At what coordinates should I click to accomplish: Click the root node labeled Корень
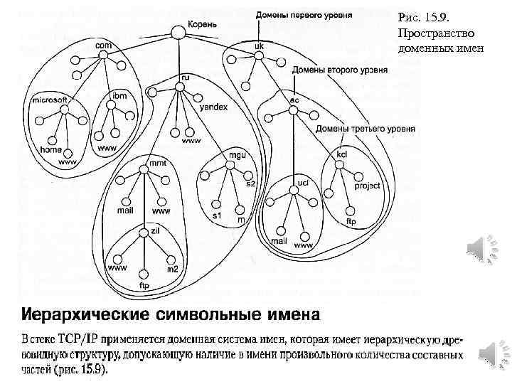click(x=177, y=31)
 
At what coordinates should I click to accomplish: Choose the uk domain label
click(x=259, y=45)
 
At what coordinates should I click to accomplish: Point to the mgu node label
click(x=237, y=154)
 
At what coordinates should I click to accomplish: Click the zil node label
click(x=155, y=230)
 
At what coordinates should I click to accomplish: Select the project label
click(x=366, y=186)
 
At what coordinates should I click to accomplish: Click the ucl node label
click(x=302, y=183)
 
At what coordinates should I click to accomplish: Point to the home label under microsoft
click(x=50, y=150)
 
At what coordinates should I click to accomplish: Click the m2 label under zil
click(x=172, y=269)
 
